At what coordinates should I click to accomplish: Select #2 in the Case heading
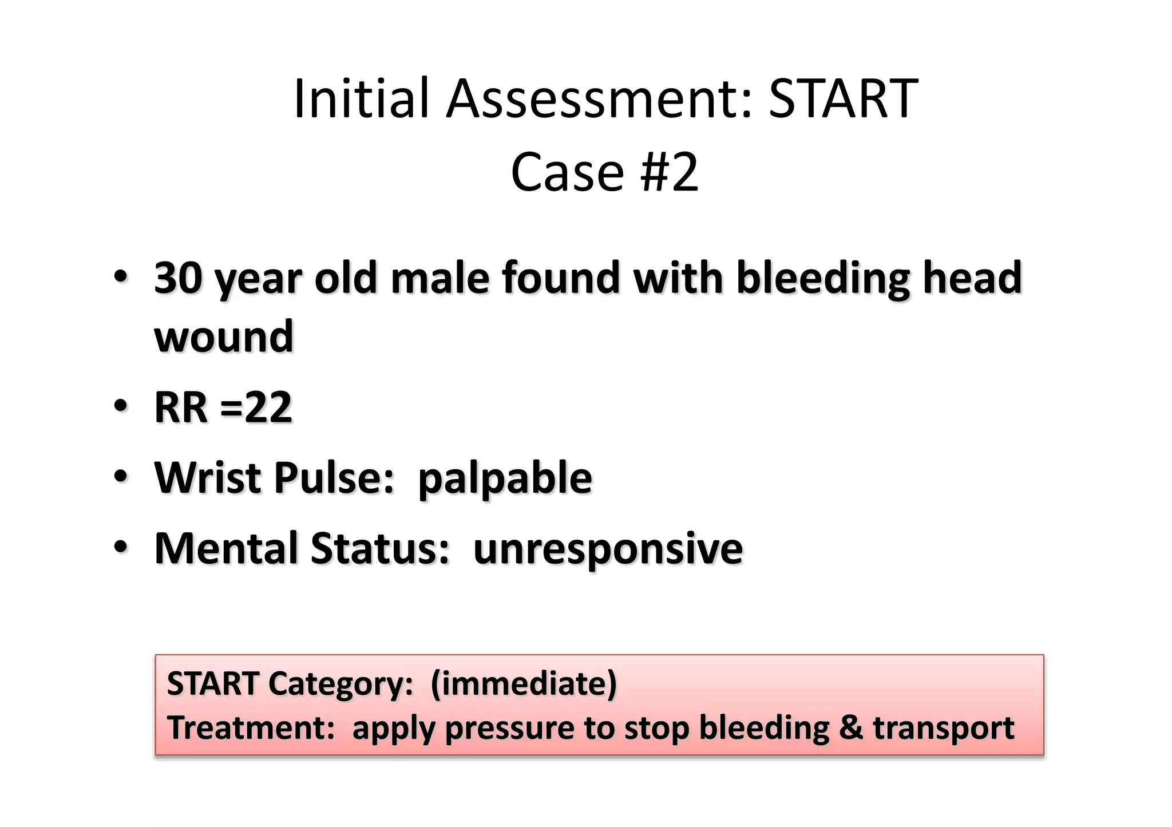click(x=670, y=172)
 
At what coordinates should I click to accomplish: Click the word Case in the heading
click(x=567, y=172)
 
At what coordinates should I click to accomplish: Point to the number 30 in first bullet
click(x=178, y=278)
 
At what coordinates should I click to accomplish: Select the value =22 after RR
click(x=256, y=407)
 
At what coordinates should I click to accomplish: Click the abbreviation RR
click(x=180, y=407)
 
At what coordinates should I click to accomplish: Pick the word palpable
click(x=505, y=479)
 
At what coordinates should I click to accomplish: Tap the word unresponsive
click(x=608, y=549)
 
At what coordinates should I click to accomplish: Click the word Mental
click(x=227, y=548)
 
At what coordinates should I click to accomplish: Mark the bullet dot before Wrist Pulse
click(x=120, y=476)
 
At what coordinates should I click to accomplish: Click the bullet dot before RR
click(x=120, y=406)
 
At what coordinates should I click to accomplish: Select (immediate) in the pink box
click(x=524, y=684)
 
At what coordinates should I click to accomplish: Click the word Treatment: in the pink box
click(x=251, y=728)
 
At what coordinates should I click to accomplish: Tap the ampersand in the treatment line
click(x=850, y=728)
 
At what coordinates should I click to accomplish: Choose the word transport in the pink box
click(x=943, y=729)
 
